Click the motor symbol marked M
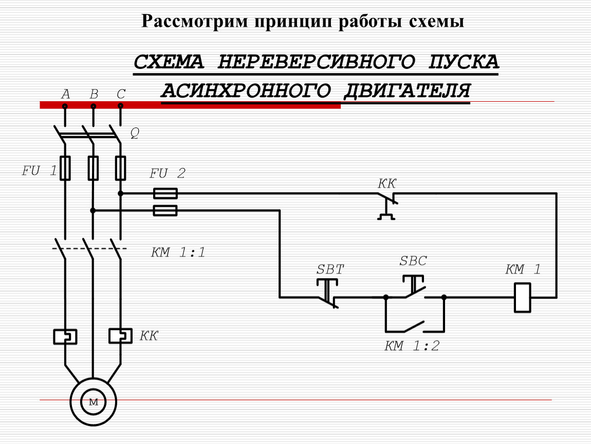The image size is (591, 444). (x=93, y=402)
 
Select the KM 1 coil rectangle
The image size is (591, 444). (x=523, y=298)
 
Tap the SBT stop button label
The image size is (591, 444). (x=330, y=269)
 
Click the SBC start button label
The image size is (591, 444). (x=413, y=261)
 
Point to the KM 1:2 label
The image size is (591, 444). (x=412, y=346)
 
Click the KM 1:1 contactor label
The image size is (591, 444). (x=178, y=252)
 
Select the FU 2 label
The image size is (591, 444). (x=168, y=173)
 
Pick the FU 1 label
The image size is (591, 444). (x=40, y=171)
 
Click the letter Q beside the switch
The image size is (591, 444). (x=135, y=133)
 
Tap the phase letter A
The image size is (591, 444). (x=66, y=94)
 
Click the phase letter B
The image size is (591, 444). (x=94, y=94)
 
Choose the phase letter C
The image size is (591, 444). (x=121, y=94)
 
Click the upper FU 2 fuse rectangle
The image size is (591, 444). (x=165, y=194)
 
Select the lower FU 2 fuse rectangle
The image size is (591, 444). (x=165, y=211)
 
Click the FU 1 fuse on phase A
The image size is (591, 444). (x=65, y=168)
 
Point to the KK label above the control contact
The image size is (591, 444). (x=386, y=183)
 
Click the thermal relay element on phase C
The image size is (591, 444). (x=120, y=336)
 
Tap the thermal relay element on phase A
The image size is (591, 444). (x=65, y=337)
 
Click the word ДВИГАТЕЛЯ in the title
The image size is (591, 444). (x=407, y=90)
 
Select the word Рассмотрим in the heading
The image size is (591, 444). (x=195, y=21)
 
